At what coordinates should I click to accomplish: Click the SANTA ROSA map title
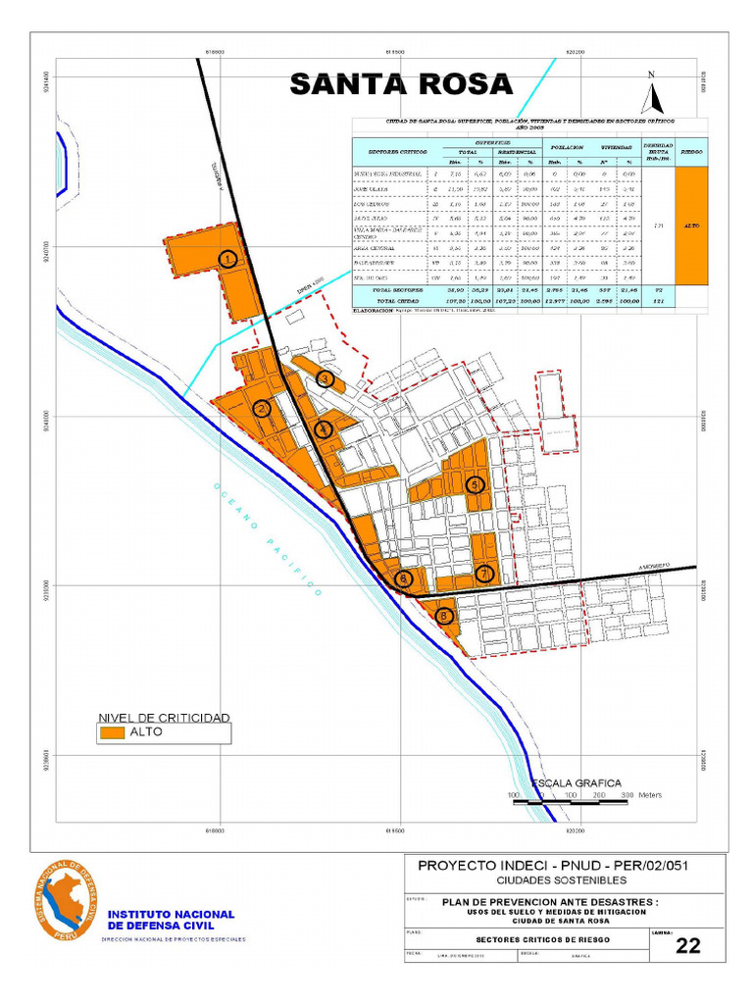click(401, 84)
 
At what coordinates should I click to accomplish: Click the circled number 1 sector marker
click(227, 259)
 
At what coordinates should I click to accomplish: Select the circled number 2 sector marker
click(262, 409)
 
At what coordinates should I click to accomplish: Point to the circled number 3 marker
click(326, 378)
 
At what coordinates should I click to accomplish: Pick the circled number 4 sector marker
click(324, 427)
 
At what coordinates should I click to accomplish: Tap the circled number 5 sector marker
click(476, 484)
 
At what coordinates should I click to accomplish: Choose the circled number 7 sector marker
click(483, 573)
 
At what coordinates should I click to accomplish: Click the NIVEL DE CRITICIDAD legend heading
click(163, 718)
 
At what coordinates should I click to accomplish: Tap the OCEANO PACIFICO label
click(266, 540)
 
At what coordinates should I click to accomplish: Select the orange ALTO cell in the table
click(691, 226)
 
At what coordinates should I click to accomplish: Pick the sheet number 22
click(688, 945)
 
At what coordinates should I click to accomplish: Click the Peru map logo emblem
click(67, 900)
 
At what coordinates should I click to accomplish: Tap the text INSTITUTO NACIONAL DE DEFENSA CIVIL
click(171, 920)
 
